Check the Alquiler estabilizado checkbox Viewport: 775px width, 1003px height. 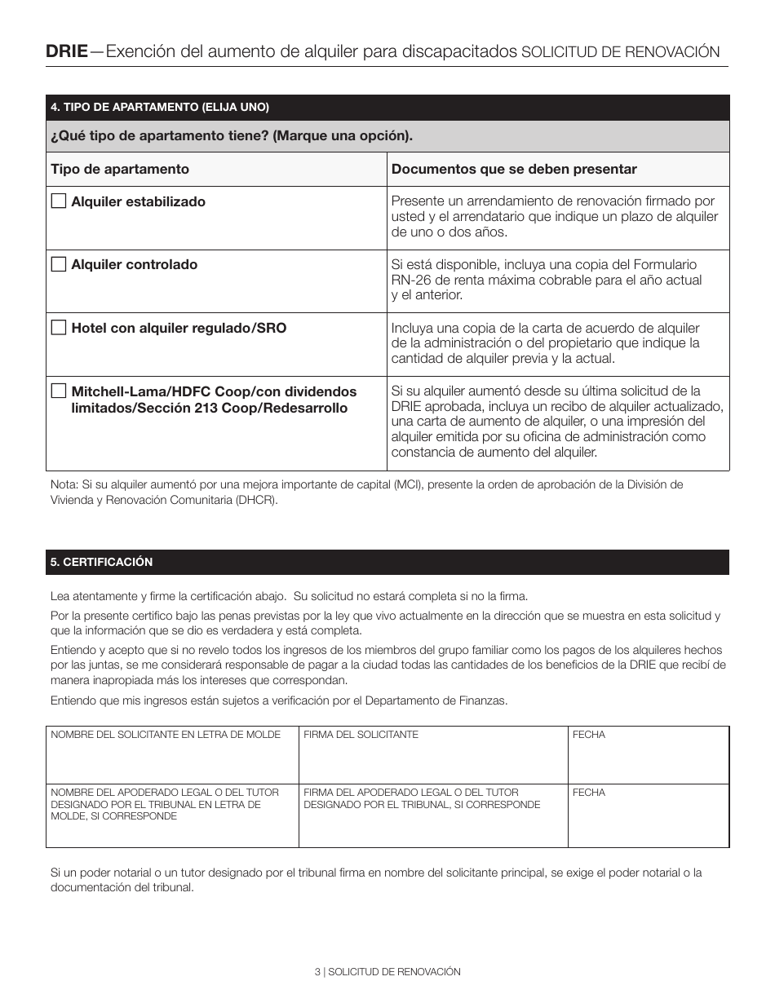pos(59,201)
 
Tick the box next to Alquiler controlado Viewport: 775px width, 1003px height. pos(59,263)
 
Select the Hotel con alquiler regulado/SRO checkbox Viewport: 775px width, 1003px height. pos(59,327)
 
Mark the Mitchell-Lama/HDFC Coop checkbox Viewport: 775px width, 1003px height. pos(59,391)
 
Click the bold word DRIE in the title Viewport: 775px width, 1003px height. pos(67,51)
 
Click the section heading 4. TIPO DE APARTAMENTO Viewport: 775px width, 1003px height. pos(160,108)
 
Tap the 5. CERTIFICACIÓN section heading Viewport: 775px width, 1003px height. pos(102,563)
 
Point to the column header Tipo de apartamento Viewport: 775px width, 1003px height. pos(120,169)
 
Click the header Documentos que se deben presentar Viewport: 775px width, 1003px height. pos(514,169)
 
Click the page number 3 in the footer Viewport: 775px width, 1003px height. pos(317,972)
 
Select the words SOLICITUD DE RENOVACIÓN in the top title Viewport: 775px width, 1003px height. pos(620,52)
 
